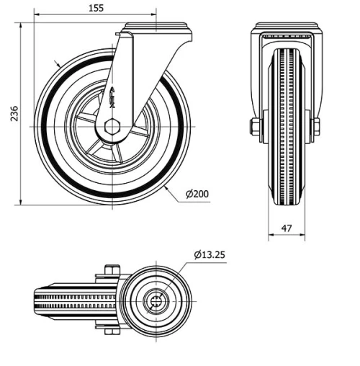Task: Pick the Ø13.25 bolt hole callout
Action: click(210, 254)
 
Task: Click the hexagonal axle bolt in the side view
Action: click(112, 127)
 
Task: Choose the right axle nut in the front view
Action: click(316, 128)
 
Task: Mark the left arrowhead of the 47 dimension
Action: click(271, 235)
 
